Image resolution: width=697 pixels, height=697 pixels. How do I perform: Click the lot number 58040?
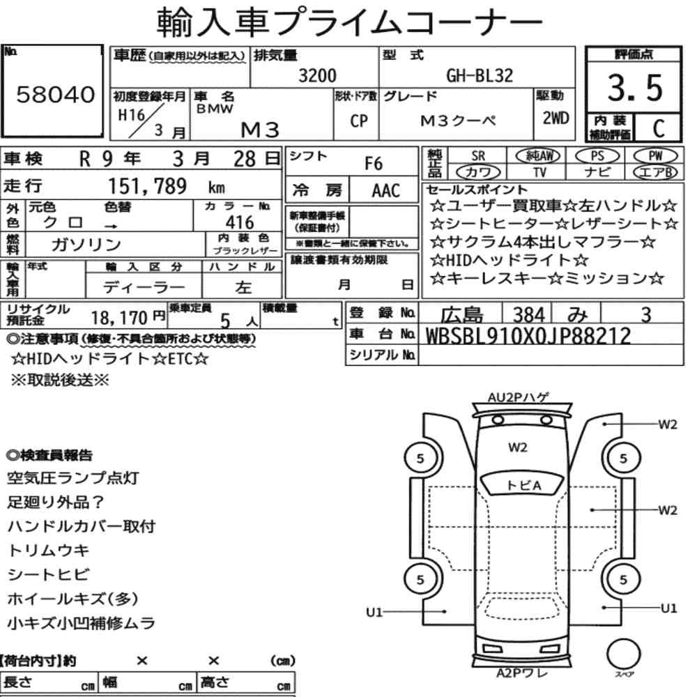56,94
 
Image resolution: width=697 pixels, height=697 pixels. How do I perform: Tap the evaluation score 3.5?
635,88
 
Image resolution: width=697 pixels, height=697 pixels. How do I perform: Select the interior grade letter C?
659,128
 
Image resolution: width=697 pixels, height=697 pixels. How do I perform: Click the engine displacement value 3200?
317,75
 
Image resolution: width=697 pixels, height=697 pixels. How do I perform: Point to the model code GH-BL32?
480,75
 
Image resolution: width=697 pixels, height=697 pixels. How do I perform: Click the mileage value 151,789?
148,186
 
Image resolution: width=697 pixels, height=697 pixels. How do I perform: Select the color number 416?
240,222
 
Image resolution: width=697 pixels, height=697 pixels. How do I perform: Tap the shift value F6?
374,164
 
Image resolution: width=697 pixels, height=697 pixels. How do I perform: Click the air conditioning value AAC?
386,191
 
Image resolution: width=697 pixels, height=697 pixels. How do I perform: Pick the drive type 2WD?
556,118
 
